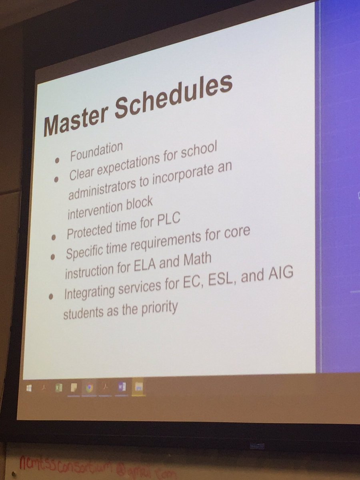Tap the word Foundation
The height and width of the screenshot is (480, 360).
coord(96,152)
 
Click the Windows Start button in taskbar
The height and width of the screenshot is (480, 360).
coord(29,388)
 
